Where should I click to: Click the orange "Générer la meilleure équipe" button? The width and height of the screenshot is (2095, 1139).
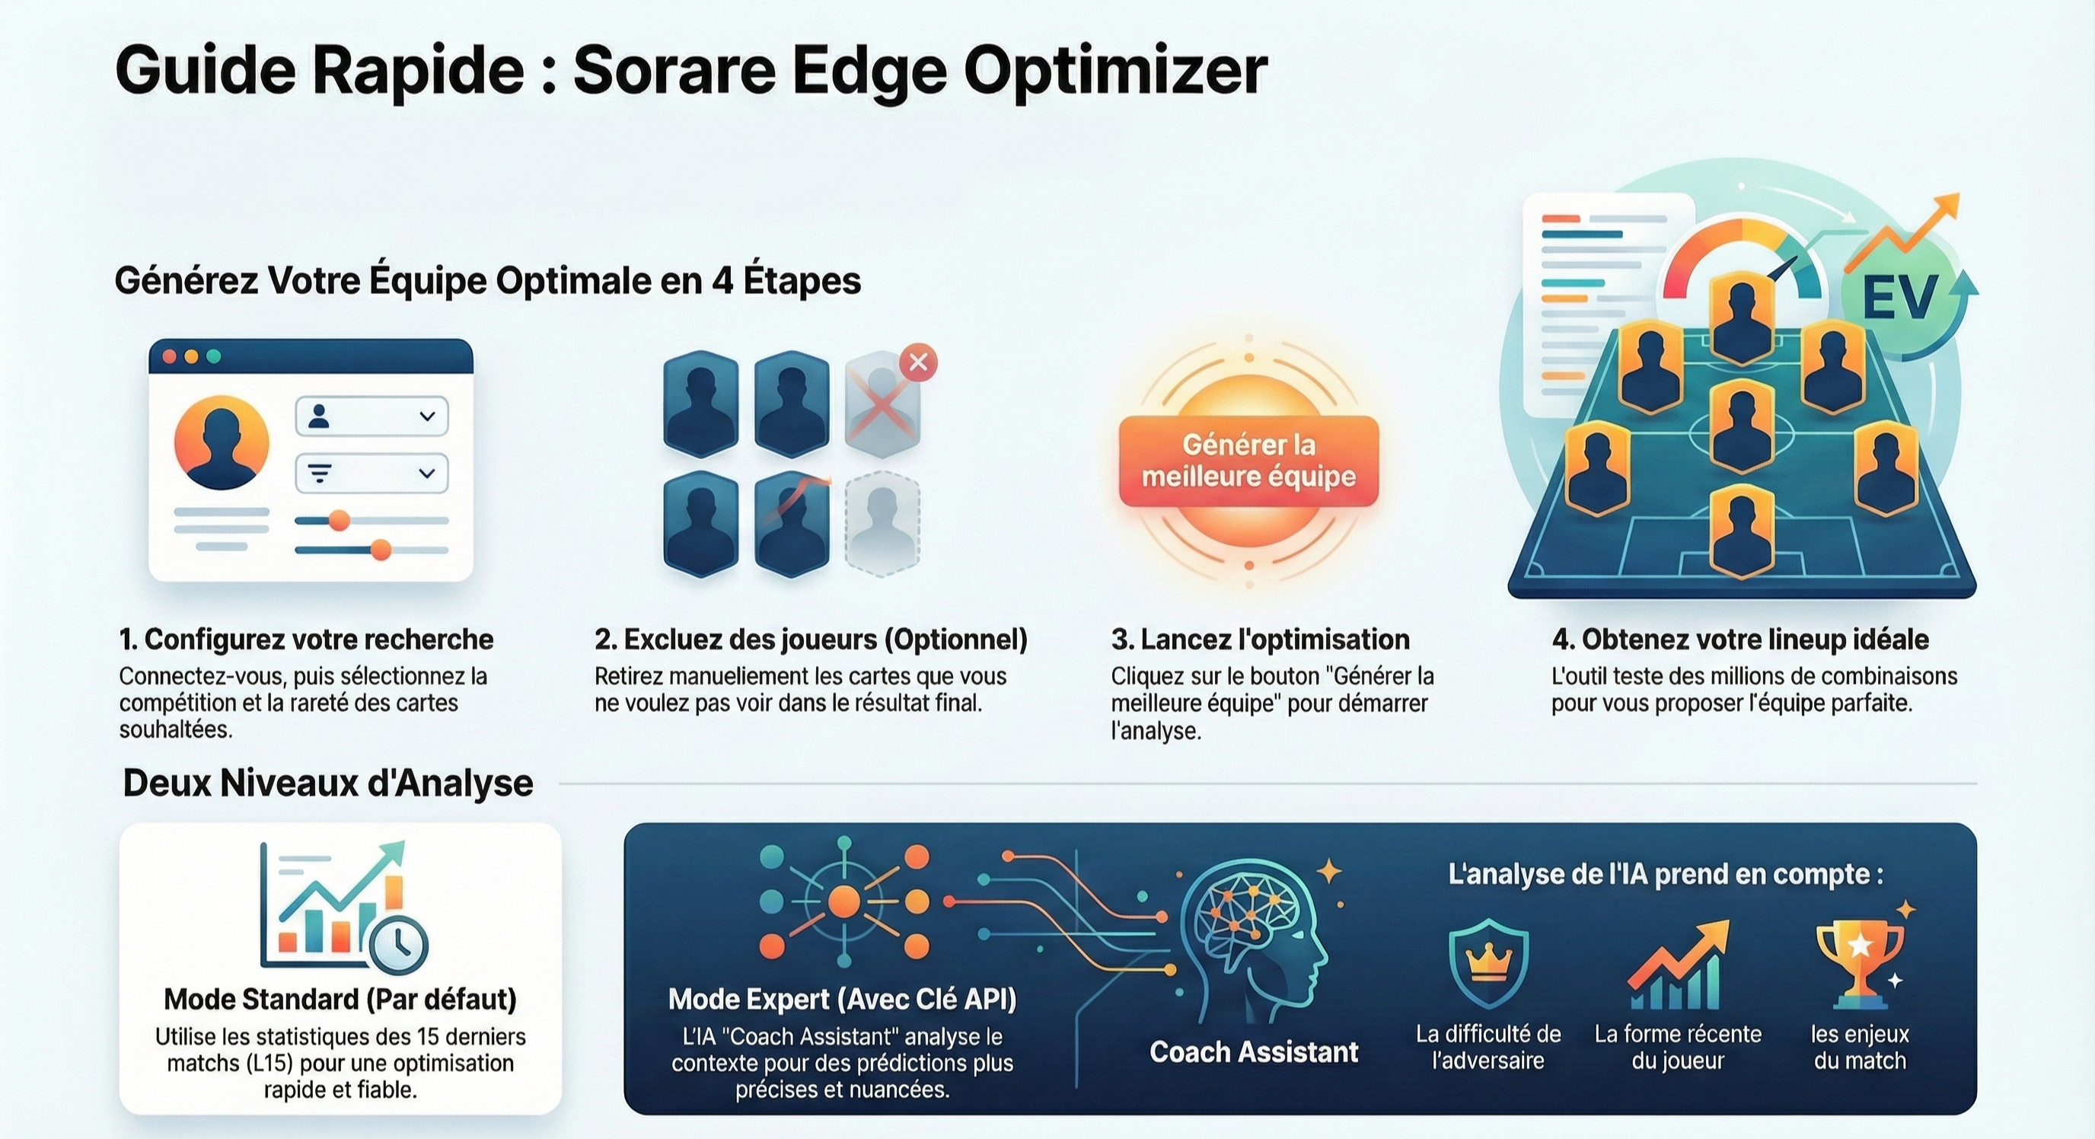(1248, 461)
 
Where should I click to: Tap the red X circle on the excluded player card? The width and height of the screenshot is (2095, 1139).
(918, 362)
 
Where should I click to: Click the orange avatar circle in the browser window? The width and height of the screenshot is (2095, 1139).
(222, 442)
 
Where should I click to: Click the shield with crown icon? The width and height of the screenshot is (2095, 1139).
(1488, 963)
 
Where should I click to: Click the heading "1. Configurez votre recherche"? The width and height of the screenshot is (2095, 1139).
(306, 640)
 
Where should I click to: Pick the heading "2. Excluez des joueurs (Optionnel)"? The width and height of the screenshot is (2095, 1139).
(811, 640)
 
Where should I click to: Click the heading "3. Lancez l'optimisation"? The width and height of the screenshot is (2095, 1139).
(1260, 640)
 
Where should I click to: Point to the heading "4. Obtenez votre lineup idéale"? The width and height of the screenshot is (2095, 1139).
(1739, 640)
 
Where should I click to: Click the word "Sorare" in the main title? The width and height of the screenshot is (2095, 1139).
(674, 70)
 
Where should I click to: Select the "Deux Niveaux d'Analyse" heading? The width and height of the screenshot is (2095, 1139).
(328, 783)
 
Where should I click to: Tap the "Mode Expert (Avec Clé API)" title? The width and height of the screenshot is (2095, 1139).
(842, 999)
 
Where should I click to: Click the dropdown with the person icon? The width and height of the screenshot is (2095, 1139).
(371, 416)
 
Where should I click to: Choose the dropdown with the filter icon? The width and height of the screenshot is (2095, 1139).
(371, 474)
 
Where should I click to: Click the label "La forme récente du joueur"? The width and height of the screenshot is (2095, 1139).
(1678, 1047)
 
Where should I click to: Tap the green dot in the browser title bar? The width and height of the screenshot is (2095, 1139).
(214, 356)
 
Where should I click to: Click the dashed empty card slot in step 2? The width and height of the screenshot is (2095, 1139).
(882, 524)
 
